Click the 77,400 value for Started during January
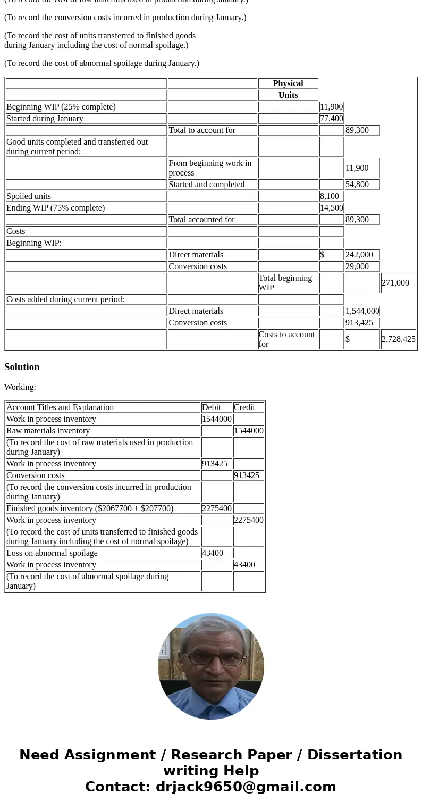click(x=331, y=119)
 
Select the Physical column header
click(x=288, y=83)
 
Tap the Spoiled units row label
click(x=29, y=196)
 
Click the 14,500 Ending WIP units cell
click(x=331, y=208)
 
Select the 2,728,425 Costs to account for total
click(x=398, y=339)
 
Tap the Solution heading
click(x=22, y=367)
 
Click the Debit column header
click(x=211, y=407)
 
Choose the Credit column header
click(x=244, y=407)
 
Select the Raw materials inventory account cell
click(x=48, y=431)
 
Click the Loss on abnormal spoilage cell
click(x=52, y=553)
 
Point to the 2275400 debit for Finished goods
click(x=216, y=508)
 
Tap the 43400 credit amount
click(x=244, y=565)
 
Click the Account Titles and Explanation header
click(x=60, y=407)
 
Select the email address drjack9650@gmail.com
click(x=246, y=787)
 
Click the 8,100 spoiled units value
click(x=329, y=196)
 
